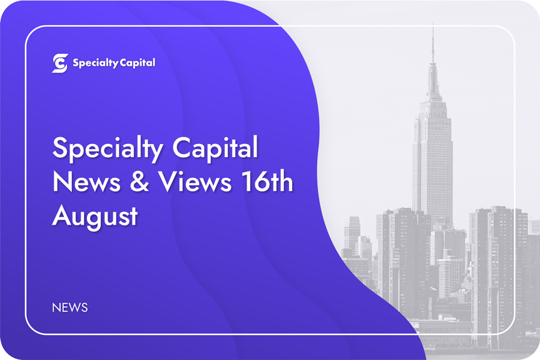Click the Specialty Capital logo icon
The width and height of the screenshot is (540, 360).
point(60,63)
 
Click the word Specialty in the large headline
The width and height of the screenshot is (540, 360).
point(108,149)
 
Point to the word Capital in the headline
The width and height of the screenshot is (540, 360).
point(215,148)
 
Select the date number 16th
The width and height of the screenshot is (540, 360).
point(267,181)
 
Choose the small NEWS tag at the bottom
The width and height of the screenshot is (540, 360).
point(70,307)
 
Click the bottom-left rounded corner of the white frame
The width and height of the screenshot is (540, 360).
point(29,330)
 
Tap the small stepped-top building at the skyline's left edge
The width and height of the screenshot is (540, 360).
point(352,234)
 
